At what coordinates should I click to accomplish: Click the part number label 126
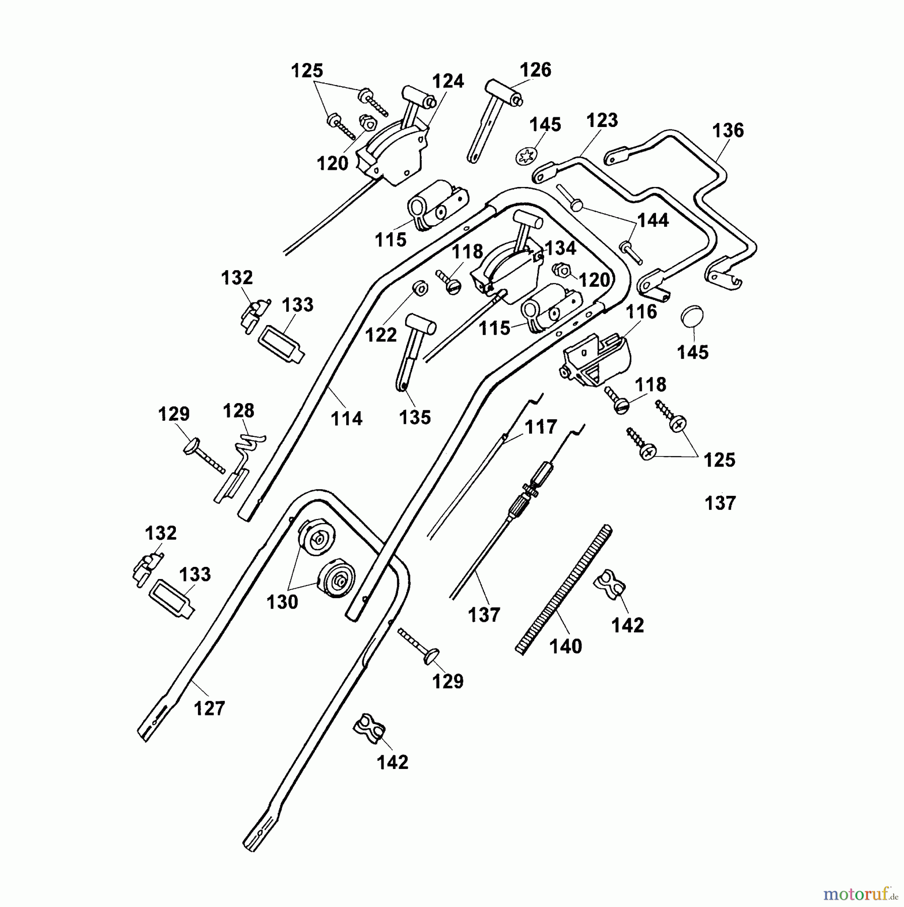(x=535, y=70)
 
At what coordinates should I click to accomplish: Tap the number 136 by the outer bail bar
(x=728, y=131)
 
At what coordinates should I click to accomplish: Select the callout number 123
(x=602, y=120)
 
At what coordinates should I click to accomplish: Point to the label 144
(x=653, y=220)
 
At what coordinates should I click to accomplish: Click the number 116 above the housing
(x=641, y=312)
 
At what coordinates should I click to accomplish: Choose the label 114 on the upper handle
(x=347, y=418)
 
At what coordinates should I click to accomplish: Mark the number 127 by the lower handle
(x=209, y=708)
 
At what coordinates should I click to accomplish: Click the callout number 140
(x=566, y=646)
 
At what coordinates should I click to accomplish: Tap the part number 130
(x=282, y=602)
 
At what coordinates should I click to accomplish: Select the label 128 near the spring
(x=238, y=411)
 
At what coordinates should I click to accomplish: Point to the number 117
(x=541, y=427)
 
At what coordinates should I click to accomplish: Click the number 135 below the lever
(x=415, y=417)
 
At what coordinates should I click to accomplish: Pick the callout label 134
(x=560, y=248)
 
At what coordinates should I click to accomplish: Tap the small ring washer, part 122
(x=420, y=289)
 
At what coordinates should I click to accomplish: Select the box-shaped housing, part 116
(x=595, y=360)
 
